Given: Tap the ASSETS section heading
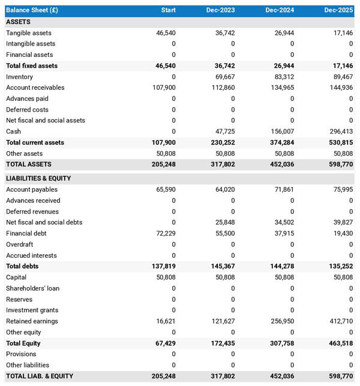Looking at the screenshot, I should point(19,22).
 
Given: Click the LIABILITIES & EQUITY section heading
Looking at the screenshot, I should point(38,179).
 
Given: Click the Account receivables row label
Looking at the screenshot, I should point(35,88).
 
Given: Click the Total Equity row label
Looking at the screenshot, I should point(23,343).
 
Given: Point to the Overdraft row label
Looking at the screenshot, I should point(20,245).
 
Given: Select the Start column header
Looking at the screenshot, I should point(168,10).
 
